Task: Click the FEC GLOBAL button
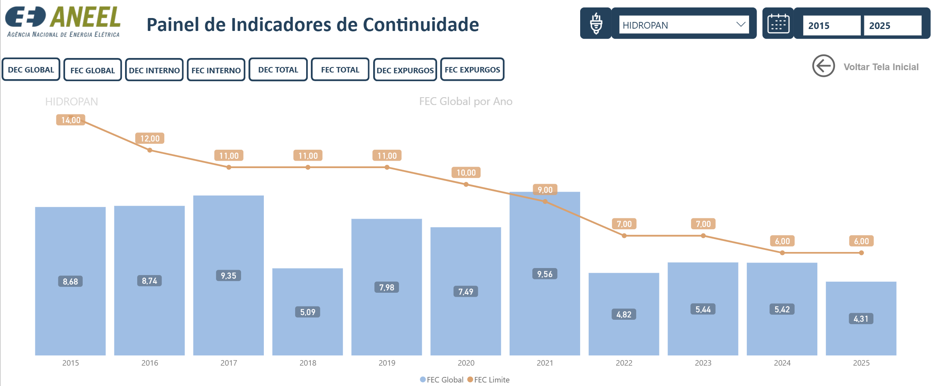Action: pyautogui.click(x=93, y=70)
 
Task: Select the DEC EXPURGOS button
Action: pyautogui.click(x=405, y=70)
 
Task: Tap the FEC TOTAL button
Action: pyautogui.click(x=340, y=69)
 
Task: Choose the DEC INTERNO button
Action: pyautogui.click(x=154, y=70)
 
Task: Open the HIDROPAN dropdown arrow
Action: pyautogui.click(x=740, y=24)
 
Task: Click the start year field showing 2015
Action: pyautogui.click(x=831, y=25)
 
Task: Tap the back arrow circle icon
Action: pyautogui.click(x=824, y=66)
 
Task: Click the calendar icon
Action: pyautogui.click(x=778, y=24)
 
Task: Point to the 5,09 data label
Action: pyautogui.click(x=308, y=312)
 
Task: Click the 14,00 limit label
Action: pyautogui.click(x=71, y=120)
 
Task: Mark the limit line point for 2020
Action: pyautogui.click(x=466, y=184)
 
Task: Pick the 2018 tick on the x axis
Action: pyautogui.click(x=308, y=363)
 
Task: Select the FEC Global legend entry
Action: pyautogui.click(x=441, y=379)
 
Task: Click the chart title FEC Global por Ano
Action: pyautogui.click(x=466, y=101)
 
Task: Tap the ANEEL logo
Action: pyautogui.click(x=63, y=22)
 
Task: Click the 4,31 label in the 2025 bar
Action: pyautogui.click(x=861, y=319)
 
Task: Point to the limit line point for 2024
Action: pyautogui.click(x=782, y=253)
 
